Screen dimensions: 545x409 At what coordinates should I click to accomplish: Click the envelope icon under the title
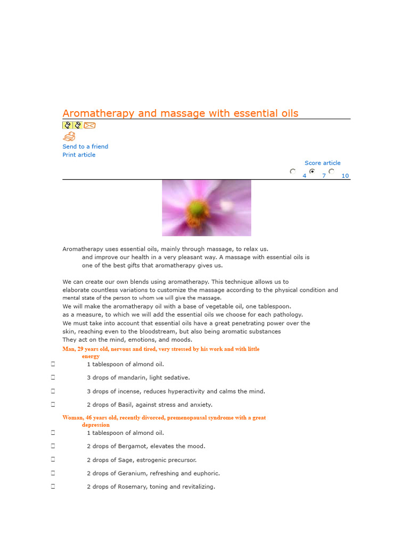pos(89,126)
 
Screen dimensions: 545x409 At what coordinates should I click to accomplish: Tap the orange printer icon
pos(69,137)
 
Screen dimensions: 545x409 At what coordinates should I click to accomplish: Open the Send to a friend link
pos(85,146)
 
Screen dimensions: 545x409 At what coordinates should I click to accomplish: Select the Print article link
pos(79,155)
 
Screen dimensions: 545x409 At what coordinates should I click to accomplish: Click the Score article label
pos(322,163)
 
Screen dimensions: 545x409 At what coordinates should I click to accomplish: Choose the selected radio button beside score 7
pos(312,172)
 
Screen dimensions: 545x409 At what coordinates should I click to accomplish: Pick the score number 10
pos(345,176)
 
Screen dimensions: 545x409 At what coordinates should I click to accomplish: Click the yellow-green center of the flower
pos(198,207)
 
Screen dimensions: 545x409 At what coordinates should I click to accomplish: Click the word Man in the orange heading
pos(69,349)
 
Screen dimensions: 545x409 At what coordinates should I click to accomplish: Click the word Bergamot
pos(124,447)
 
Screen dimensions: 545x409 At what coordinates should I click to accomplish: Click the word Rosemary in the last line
pos(128,487)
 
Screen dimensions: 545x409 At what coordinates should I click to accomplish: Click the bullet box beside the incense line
pos(53,391)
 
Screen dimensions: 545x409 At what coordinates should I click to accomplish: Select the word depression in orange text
pos(96,425)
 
